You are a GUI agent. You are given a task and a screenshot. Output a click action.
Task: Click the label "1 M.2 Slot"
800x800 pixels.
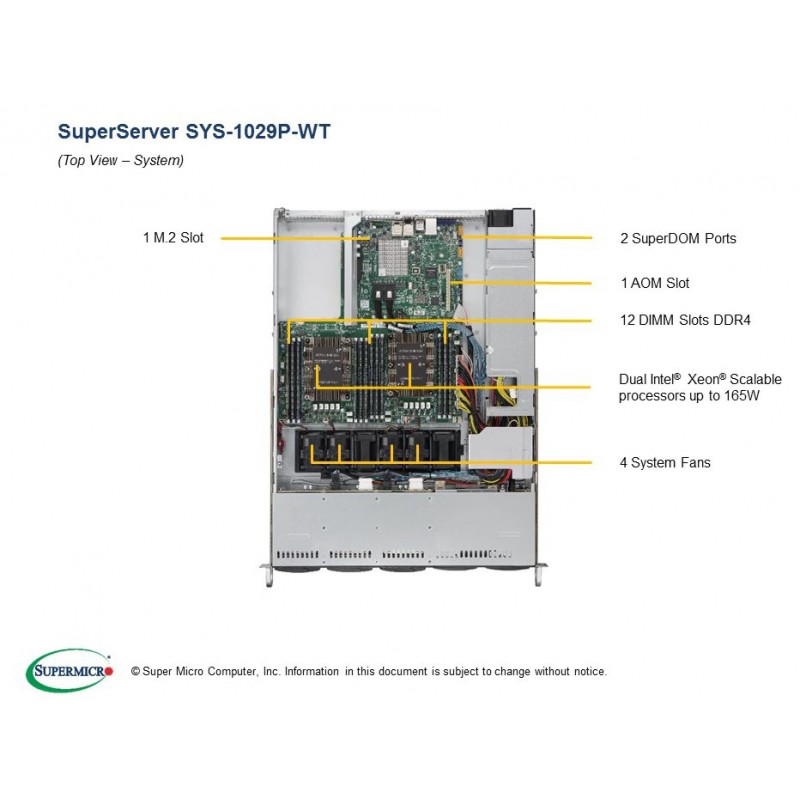(173, 238)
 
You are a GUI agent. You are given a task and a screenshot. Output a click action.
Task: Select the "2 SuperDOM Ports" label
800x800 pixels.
(678, 238)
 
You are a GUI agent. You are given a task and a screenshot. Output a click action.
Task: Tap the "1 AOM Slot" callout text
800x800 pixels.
(655, 283)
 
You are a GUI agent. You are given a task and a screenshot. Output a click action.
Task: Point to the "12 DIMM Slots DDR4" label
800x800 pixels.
(685, 320)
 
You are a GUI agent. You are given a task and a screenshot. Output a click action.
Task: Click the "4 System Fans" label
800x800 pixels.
(665, 463)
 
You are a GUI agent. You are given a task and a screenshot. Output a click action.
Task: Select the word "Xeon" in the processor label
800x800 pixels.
(704, 379)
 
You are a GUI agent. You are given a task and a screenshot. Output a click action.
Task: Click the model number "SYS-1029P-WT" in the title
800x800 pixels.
(258, 132)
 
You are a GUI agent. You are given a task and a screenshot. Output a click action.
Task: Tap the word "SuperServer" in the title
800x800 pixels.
(118, 132)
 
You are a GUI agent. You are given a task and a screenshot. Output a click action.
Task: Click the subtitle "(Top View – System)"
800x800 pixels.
(120, 160)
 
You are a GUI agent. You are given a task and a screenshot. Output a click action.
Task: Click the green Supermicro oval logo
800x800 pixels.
(69, 670)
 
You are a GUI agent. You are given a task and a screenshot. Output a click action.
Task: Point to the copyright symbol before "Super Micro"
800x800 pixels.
(135, 671)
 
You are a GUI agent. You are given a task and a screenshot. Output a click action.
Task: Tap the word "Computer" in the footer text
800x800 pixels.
(232, 672)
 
